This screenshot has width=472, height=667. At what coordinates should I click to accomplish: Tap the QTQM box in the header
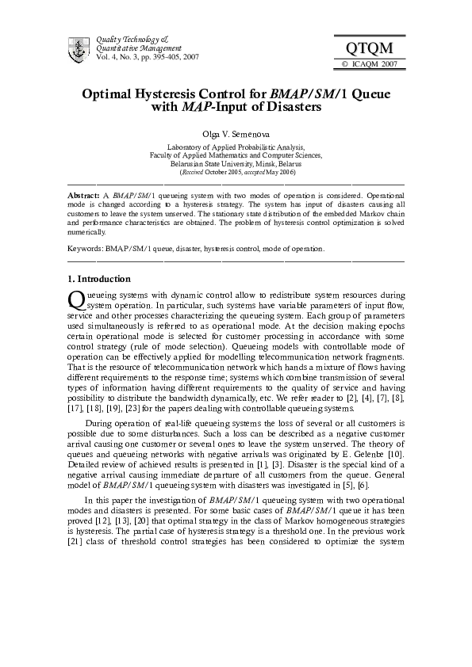tap(370, 49)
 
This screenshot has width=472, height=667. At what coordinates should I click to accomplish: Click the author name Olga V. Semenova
tap(236, 135)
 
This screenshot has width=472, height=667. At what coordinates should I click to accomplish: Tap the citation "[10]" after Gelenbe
tap(396, 452)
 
